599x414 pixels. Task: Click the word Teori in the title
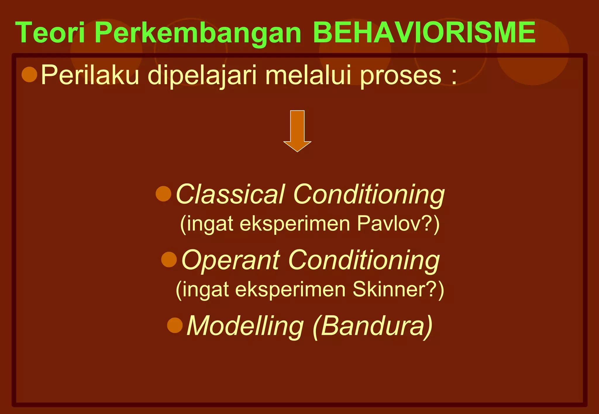[50, 32]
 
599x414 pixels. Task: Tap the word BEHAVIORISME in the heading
[424, 32]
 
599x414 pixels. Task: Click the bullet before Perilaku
[30, 74]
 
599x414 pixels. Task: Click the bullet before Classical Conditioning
[163, 194]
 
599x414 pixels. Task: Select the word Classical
[230, 194]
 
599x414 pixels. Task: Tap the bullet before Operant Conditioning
[169, 259]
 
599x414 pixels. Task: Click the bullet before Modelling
[175, 325]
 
